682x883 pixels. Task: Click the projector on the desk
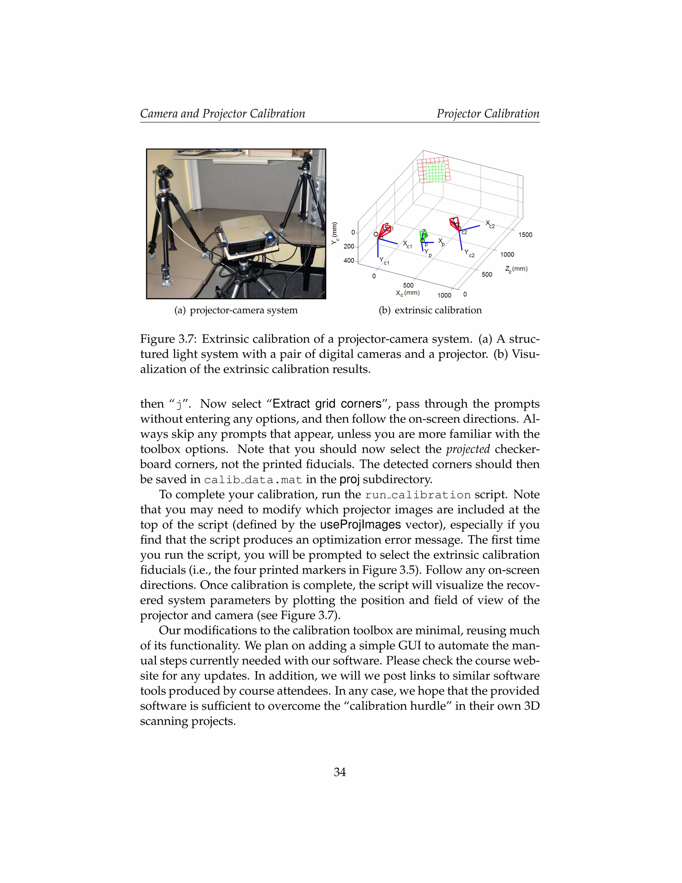247,239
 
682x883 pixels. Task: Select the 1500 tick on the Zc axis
525,235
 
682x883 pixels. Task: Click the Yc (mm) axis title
335,233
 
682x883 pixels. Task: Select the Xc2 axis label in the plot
490,224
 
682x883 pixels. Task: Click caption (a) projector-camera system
236,310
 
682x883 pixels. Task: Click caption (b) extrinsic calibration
430,310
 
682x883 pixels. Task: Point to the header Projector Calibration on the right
488,114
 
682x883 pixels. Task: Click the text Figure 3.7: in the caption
168,339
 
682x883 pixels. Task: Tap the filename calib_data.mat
253,480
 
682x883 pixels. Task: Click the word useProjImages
360,525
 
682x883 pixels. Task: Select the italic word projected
468,449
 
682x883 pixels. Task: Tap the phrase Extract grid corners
327,404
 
